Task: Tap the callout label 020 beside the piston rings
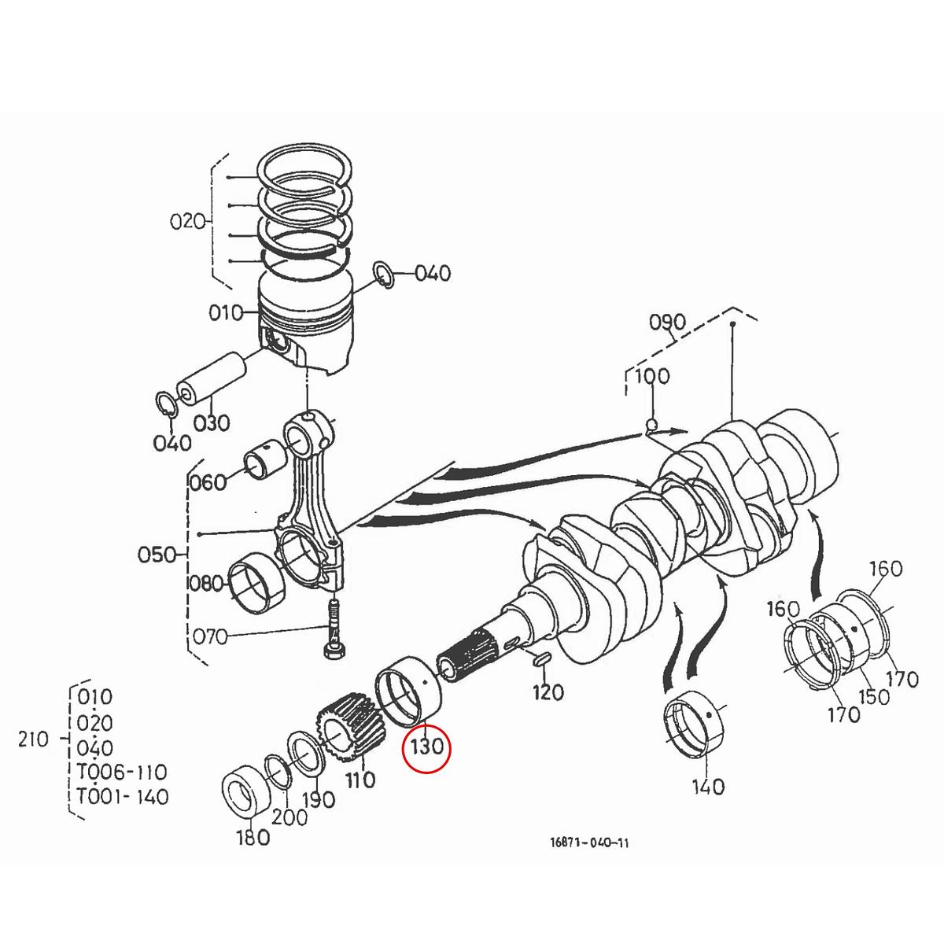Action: click(x=187, y=221)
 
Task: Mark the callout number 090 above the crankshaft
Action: click(x=667, y=323)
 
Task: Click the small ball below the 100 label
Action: click(x=651, y=426)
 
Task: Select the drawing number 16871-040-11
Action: click(x=589, y=843)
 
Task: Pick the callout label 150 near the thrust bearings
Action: click(x=873, y=696)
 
